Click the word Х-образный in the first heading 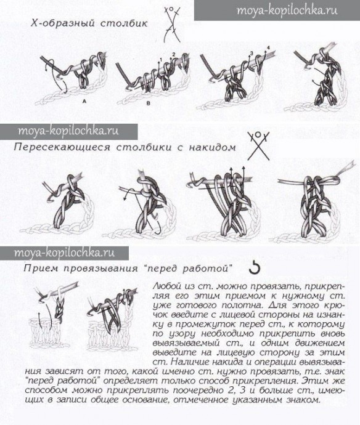(63, 23)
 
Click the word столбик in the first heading (124, 23)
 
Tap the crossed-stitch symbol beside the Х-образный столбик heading (172, 25)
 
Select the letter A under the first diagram (84, 101)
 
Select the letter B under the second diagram (148, 103)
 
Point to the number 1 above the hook (161, 59)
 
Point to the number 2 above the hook (174, 54)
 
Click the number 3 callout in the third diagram (252, 54)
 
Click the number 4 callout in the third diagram (268, 48)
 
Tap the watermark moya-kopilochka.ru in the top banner (287, 10)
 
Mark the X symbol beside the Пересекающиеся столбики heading (258, 146)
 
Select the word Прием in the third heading (41, 269)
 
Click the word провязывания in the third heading (102, 269)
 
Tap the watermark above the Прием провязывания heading (64, 253)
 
